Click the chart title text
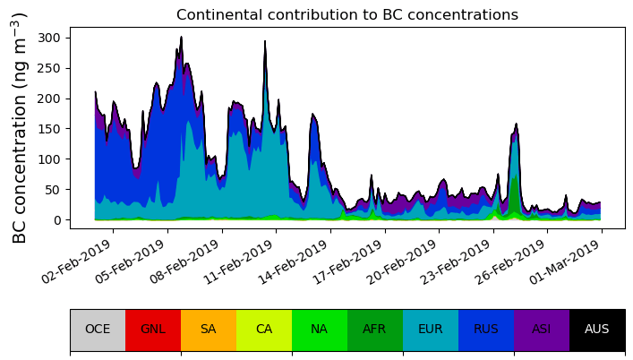346,14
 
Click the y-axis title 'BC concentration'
21,127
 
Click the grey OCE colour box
98,329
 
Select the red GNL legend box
153,329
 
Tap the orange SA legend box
209,329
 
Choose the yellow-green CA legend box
264,329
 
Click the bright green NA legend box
320,329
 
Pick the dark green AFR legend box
375,329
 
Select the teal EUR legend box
431,329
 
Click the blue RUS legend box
486,329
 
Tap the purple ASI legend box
542,329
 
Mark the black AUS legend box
597,329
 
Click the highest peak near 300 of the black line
181,38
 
